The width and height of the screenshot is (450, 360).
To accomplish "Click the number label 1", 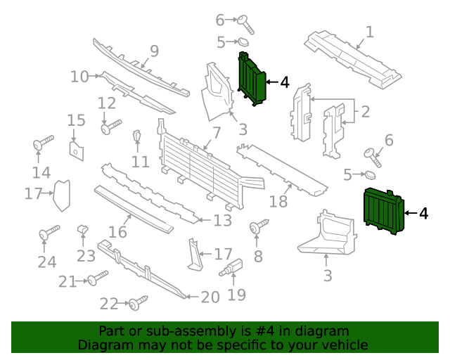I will (369, 32).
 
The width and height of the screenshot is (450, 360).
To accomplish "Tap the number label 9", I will (154, 51).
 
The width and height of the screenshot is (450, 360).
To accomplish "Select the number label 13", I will (222, 221).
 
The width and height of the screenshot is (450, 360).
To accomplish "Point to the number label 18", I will (279, 202).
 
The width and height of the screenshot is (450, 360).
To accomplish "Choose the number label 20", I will (210, 297).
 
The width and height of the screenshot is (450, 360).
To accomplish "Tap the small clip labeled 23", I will (82, 229).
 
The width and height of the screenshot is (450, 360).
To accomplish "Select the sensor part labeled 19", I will (235, 267).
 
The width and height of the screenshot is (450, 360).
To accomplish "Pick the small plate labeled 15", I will (76, 149).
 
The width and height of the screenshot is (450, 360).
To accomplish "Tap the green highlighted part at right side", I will (382, 210).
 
